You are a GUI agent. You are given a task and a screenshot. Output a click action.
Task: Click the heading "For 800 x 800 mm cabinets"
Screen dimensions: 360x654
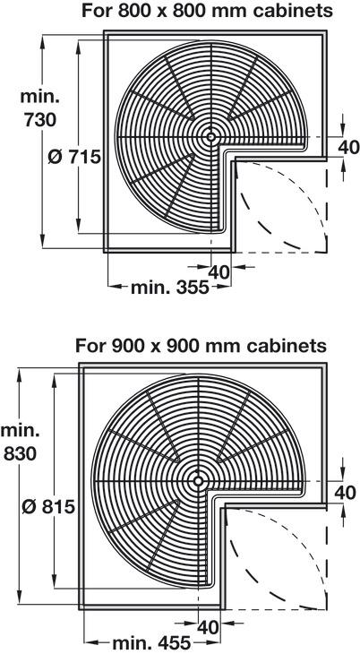pyautogui.click(x=208, y=11)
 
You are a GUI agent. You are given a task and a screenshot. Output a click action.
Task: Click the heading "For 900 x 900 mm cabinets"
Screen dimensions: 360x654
pyautogui.click(x=201, y=345)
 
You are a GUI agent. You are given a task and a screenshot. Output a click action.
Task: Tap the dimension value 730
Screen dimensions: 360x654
pyautogui.click(x=39, y=121)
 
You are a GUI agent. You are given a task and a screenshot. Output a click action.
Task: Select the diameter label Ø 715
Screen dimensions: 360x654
pyautogui.click(x=74, y=158)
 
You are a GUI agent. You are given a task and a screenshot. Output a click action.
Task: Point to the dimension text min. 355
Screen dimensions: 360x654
pyautogui.click(x=170, y=288)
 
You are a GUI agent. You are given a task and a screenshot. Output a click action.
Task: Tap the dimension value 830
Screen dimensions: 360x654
pyautogui.click(x=21, y=454)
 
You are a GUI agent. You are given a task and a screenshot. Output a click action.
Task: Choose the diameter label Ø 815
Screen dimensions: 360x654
pyautogui.click(x=48, y=507)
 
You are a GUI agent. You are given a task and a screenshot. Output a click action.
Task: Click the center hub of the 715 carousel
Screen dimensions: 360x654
pyautogui.click(x=210, y=137)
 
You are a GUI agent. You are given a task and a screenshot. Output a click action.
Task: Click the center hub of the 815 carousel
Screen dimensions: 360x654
pyautogui.click(x=198, y=481)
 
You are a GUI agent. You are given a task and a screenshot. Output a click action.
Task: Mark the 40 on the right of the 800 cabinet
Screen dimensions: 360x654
pyautogui.click(x=348, y=147)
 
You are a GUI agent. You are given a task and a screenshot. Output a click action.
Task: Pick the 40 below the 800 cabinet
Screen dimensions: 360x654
pyautogui.click(x=219, y=272)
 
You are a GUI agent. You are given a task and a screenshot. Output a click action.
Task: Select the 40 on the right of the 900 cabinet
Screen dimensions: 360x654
pyautogui.click(x=345, y=493)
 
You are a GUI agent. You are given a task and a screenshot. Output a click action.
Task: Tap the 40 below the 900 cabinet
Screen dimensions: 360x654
pyautogui.click(x=208, y=627)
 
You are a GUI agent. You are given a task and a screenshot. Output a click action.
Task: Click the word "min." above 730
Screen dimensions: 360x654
pyautogui.click(x=40, y=97)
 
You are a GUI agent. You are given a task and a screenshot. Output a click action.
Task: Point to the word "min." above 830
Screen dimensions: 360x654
pyautogui.click(x=21, y=430)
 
